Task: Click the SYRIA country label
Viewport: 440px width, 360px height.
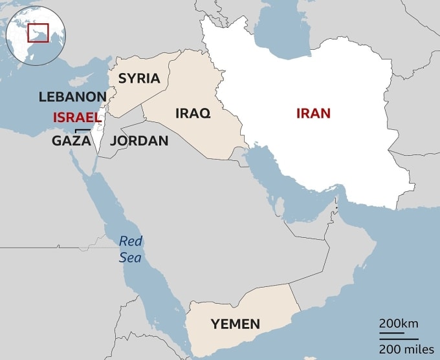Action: click(139, 78)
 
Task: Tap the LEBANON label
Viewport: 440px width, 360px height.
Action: click(72, 97)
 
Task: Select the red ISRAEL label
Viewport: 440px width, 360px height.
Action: click(78, 118)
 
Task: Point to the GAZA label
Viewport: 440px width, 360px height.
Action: click(71, 140)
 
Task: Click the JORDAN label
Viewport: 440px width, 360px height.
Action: click(139, 140)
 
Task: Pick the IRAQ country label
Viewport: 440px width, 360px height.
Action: click(193, 113)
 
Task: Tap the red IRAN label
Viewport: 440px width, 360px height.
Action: click(313, 113)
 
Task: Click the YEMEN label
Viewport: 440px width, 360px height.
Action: click(236, 324)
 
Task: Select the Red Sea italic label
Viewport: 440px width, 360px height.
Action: click(130, 249)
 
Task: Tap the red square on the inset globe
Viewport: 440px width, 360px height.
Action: click(38, 32)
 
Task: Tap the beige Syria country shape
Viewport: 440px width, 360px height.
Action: click(149, 94)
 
